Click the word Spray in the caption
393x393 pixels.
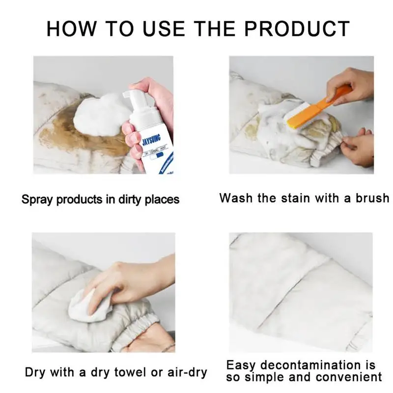point(38,199)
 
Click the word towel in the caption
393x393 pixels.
point(128,372)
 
